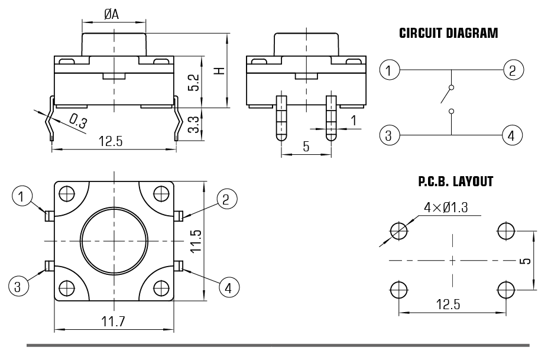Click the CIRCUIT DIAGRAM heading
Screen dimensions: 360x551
coord(449,33)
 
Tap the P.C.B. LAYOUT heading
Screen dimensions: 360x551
coord(455,182)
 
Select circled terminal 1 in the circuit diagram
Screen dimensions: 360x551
coord(388,70)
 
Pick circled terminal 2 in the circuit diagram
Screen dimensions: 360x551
coord(513,70)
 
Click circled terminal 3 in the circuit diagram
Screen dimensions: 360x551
coord(388,135)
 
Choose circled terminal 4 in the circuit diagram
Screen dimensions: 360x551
coord(513,135)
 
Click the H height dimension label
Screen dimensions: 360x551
coord(219,71)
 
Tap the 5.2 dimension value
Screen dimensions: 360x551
coord(193,83)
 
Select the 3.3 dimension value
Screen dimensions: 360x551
coord(193,125)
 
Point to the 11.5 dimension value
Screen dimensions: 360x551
coord(197,241)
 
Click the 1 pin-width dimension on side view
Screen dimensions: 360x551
coord(354,121)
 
